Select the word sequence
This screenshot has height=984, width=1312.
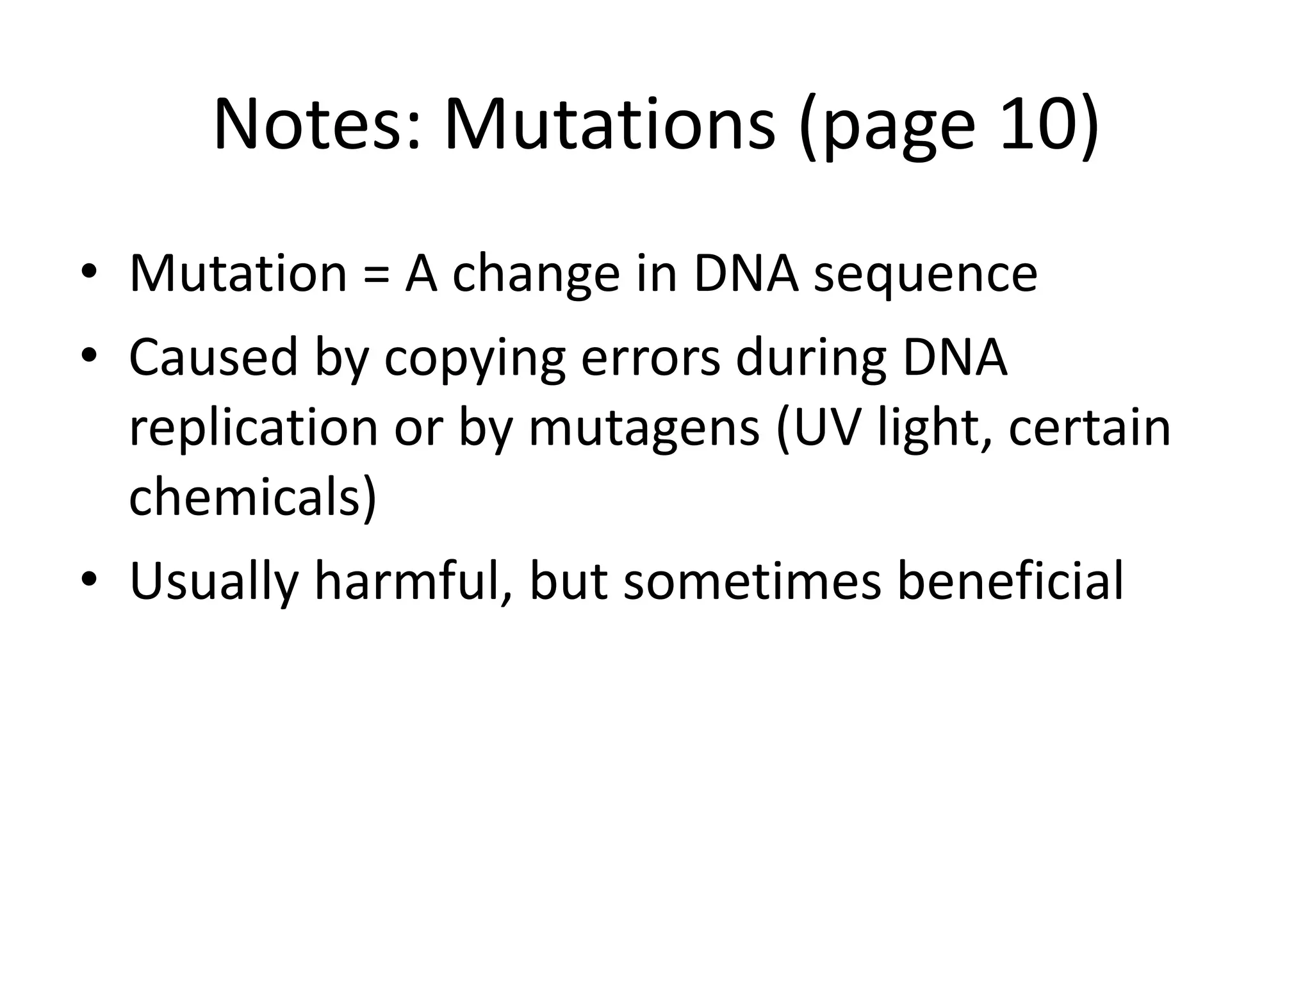925,275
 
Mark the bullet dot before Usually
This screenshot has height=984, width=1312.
89,579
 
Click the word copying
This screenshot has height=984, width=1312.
475,358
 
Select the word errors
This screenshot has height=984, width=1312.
650,358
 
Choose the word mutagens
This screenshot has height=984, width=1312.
643,429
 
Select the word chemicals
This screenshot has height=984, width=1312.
247,498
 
